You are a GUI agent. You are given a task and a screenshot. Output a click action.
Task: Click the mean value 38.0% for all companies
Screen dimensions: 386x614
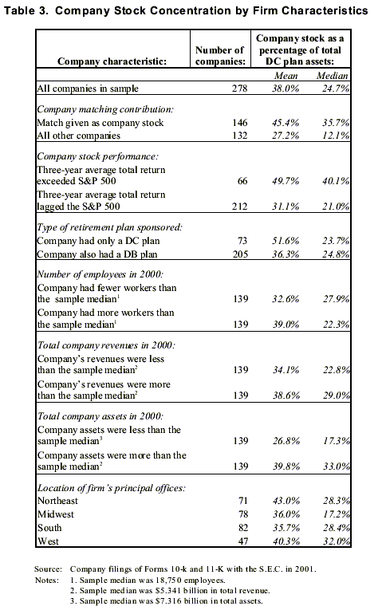pyautogui.click(x=286, y=89)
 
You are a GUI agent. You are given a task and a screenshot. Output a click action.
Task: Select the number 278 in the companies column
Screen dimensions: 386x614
pyautogui.click(x=239, y=89)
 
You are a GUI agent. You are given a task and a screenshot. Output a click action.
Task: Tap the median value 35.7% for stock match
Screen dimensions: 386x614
pyautogui.click(x=336, y=123)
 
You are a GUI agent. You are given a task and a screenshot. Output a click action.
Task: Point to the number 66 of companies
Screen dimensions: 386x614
pyautogui.click(x=242, y=181)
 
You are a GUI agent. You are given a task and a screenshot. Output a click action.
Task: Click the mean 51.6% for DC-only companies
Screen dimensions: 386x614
pyautogui.click(x=286, y=241)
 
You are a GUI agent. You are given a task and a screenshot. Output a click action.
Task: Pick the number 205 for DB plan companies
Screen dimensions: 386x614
pyautogui.click(x=240, y=254)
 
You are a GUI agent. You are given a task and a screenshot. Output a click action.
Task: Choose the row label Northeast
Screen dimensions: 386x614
pyautogui.click(x=57, y=501)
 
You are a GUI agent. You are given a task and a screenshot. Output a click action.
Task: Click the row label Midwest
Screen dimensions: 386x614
pyautogui.click(x=56, y=514)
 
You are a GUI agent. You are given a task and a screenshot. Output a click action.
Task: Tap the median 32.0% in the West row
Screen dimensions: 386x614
pyautogui.click(x=337, y=541)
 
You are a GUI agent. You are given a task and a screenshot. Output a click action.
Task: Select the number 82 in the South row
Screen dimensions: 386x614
pyautogui.click(x=243, y=528)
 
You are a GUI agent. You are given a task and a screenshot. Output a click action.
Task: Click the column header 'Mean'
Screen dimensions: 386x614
pyautogui.click(x=286, y=76)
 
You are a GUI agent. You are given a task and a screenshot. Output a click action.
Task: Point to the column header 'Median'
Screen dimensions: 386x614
pyautogui.click(x=332, y=76)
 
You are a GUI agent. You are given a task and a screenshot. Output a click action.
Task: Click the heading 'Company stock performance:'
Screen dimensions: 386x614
pyautogui.click(x=98, y=156)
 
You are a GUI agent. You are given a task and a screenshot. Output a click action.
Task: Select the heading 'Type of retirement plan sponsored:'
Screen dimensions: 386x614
pyautogui.click(x=109, y=227)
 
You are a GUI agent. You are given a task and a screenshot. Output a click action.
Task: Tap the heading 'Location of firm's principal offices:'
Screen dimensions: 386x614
pyautogui.click(x=112, y=488)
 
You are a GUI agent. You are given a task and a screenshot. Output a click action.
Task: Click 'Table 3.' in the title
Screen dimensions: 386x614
pyautogui.click(x=26, y=10)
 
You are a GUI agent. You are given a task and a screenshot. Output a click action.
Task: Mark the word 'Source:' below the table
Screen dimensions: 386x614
pyautogui.click(x=48, y=569)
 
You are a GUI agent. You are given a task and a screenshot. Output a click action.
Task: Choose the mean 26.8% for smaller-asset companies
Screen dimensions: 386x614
pyautogui.click(x=286, y=441)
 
